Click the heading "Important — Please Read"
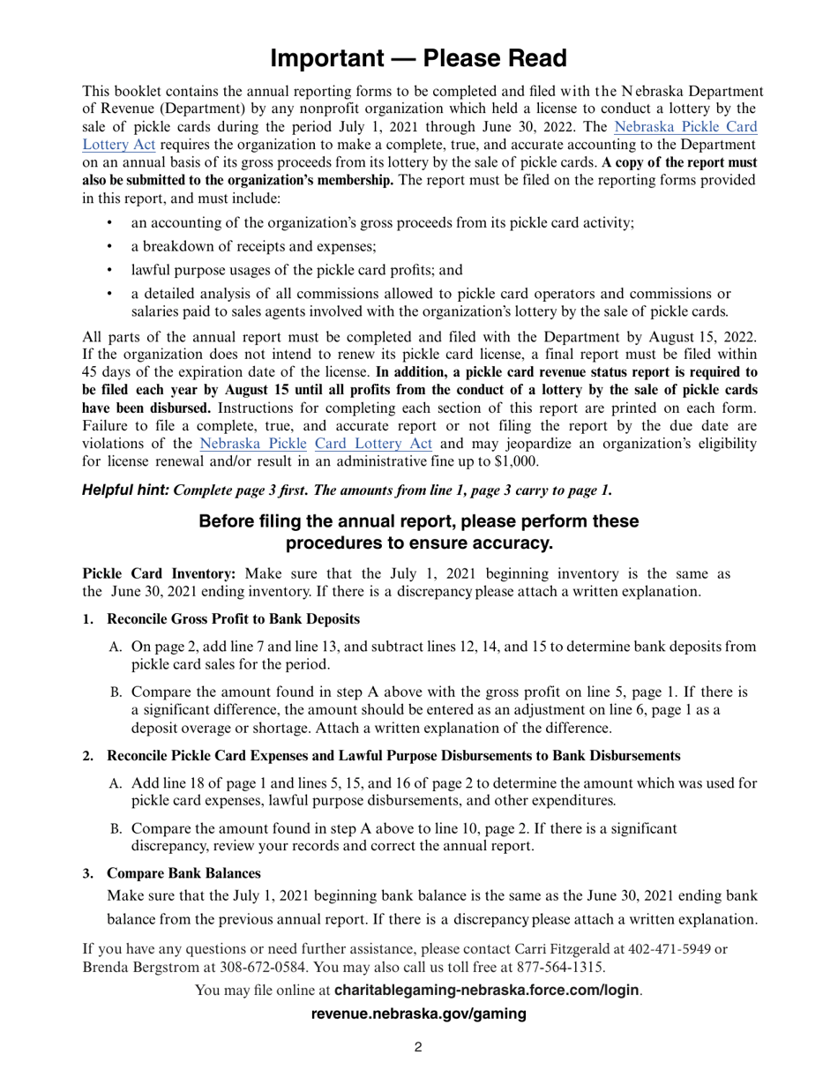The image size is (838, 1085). point(418,58)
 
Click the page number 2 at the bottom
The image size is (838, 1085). point(418,1047)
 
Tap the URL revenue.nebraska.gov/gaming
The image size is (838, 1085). point(418,1014)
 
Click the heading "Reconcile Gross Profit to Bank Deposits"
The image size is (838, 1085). point(233,620)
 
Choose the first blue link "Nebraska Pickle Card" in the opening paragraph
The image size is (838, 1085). point(685,126)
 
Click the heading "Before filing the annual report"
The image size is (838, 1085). point(418,521)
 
